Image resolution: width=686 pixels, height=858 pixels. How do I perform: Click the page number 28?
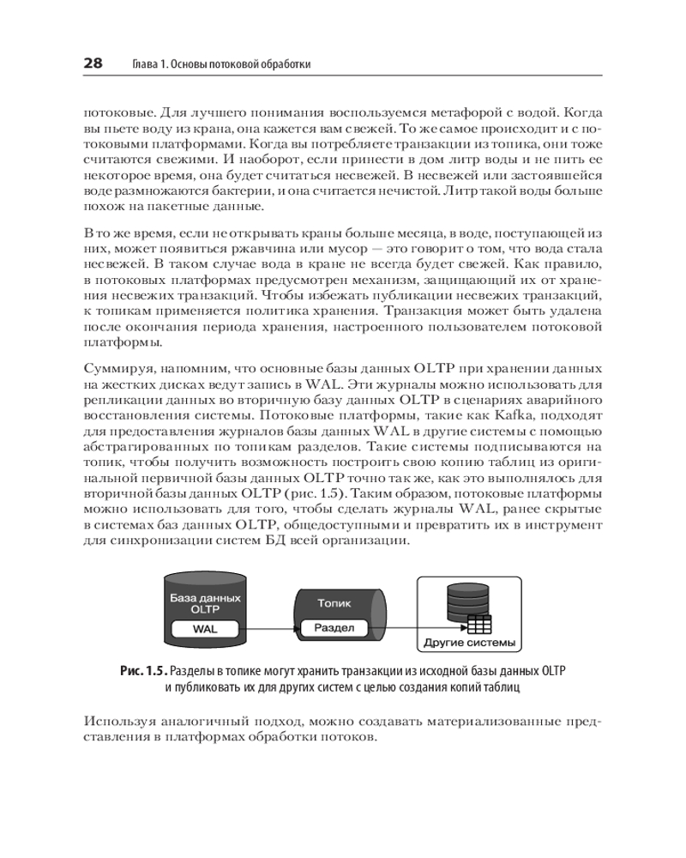pos(93,63)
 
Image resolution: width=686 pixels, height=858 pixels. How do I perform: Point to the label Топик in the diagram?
pos(334,603)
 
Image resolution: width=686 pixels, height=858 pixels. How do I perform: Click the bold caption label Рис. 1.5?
pos(142,670)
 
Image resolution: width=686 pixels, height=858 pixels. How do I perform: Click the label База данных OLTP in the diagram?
pos(204,602)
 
